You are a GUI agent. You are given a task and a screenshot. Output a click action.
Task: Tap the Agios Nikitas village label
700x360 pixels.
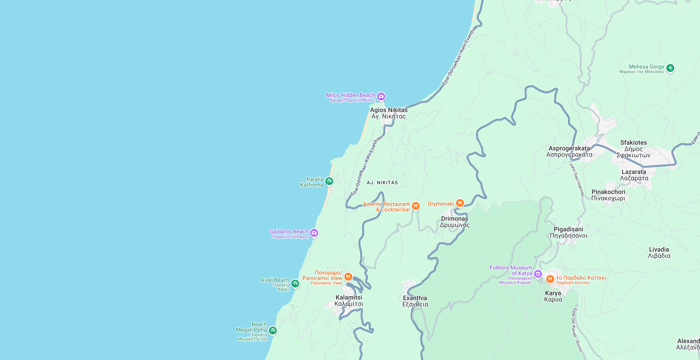(x=389, y=113)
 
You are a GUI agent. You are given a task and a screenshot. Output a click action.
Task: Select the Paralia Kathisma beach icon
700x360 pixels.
(x=329, y=181)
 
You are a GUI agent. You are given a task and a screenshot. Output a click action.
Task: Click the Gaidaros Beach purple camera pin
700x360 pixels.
(x=314, y=233)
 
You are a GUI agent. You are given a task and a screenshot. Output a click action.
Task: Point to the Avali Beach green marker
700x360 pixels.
(x=295, y=283)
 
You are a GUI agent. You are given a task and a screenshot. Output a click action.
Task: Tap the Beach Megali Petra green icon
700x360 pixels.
(x=273, y=330)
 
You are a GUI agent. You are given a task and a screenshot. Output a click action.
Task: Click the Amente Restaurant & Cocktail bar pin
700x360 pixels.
(x=416, y=206)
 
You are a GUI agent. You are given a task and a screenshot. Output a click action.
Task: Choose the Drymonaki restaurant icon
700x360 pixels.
(x=460, y=203)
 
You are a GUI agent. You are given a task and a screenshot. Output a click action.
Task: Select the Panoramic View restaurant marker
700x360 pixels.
(x=348, y=277)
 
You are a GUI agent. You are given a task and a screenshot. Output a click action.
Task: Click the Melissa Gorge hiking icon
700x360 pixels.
(x=670, y=68)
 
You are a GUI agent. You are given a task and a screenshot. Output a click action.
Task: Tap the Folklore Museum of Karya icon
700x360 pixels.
(x=538, y=274)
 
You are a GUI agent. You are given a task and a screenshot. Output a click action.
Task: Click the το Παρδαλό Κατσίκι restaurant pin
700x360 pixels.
(x=550, y=279)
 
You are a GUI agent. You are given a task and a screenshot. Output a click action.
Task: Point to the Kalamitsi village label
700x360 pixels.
(x=349, y=300)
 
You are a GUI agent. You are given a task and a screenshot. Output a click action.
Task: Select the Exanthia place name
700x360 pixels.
(x=415, y=301)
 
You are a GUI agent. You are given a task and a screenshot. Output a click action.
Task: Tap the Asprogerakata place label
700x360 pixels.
(x=569, y=151)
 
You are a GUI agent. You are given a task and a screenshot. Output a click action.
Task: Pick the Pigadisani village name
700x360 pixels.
(x=568, y=232)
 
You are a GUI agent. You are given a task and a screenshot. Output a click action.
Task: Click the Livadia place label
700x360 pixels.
(x=659, y=252)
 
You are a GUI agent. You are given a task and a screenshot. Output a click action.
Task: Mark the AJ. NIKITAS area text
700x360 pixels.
(x=382, y=183)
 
